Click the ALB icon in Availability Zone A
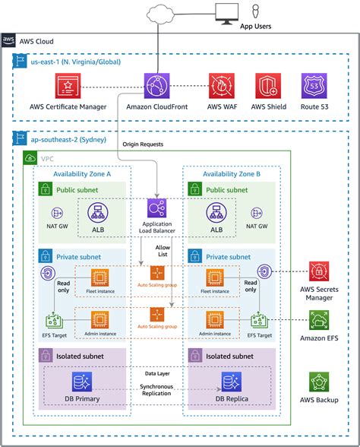pos(97,214)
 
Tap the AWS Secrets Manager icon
pos(319,271)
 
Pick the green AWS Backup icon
pos(319,382)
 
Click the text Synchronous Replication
pos(155,390)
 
